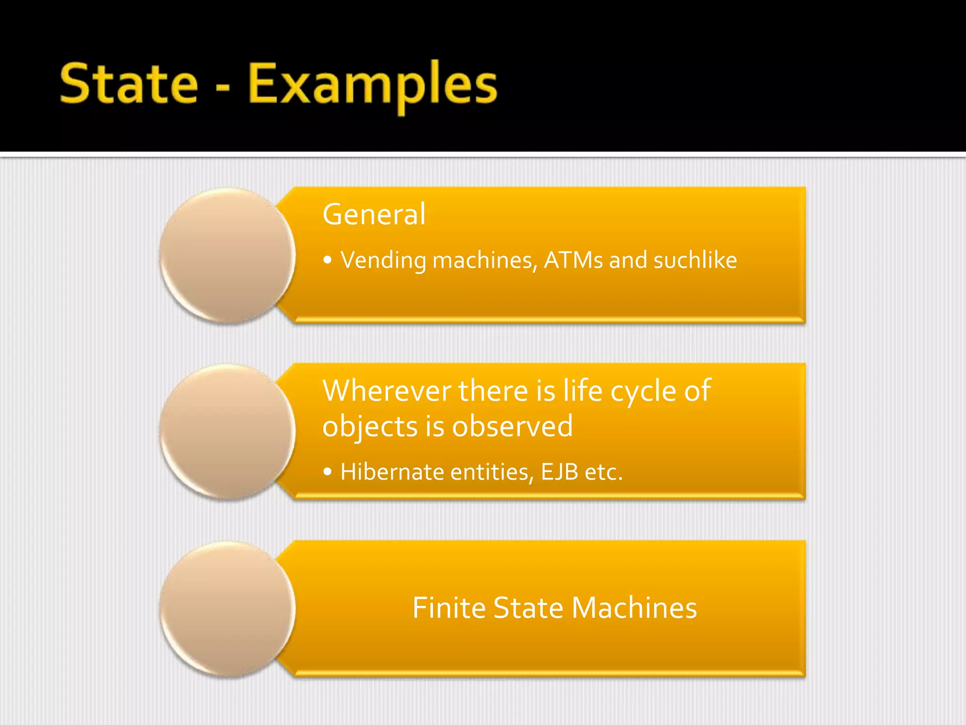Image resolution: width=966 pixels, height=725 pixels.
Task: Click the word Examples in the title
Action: [x=373, y=85]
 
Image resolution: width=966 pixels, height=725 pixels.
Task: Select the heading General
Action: [x=374, y=214]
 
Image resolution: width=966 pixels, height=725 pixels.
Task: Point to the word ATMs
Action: [x=573, y=260]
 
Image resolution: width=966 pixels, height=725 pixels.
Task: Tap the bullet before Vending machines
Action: [x=328, y=260]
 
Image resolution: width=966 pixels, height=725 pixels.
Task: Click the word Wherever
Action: [x=387, y=391]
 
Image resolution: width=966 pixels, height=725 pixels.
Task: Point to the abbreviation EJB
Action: [x=559, y=472]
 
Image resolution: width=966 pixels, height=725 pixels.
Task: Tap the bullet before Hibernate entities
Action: [x=328, y=472]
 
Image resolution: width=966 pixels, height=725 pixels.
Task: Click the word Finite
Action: [x=449, y=607]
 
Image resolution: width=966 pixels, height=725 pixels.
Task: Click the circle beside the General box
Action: [x=228, y=255]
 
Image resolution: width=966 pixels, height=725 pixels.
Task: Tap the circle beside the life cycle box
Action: [x=228, y=431]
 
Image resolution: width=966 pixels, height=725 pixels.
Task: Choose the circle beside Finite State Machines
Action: [x=228, y=608]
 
